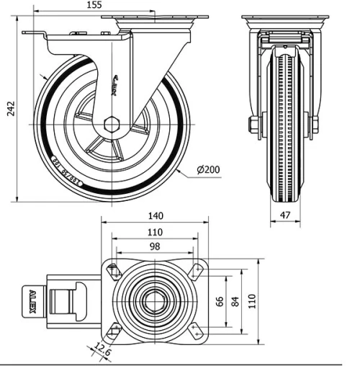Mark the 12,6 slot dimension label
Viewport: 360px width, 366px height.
pos(101,351)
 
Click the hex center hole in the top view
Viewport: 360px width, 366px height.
pos(154,300)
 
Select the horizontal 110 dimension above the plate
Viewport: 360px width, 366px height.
pos(154,232)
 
